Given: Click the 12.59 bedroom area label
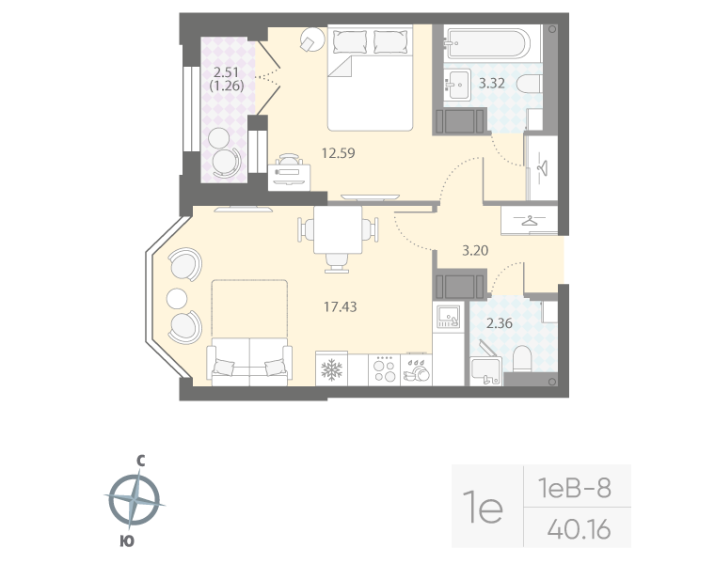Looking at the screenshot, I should point(337,152).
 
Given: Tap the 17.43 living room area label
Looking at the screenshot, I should point(338,305).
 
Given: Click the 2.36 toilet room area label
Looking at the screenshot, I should point(499,326).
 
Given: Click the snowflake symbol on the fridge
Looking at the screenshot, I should point(330,368).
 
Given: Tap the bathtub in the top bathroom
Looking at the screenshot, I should point(487,43).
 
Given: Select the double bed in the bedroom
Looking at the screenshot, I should point(370,80).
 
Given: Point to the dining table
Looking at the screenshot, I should point(339,231).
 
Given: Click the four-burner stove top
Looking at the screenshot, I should point(384,368).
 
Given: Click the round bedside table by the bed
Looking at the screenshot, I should point(312,40).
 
